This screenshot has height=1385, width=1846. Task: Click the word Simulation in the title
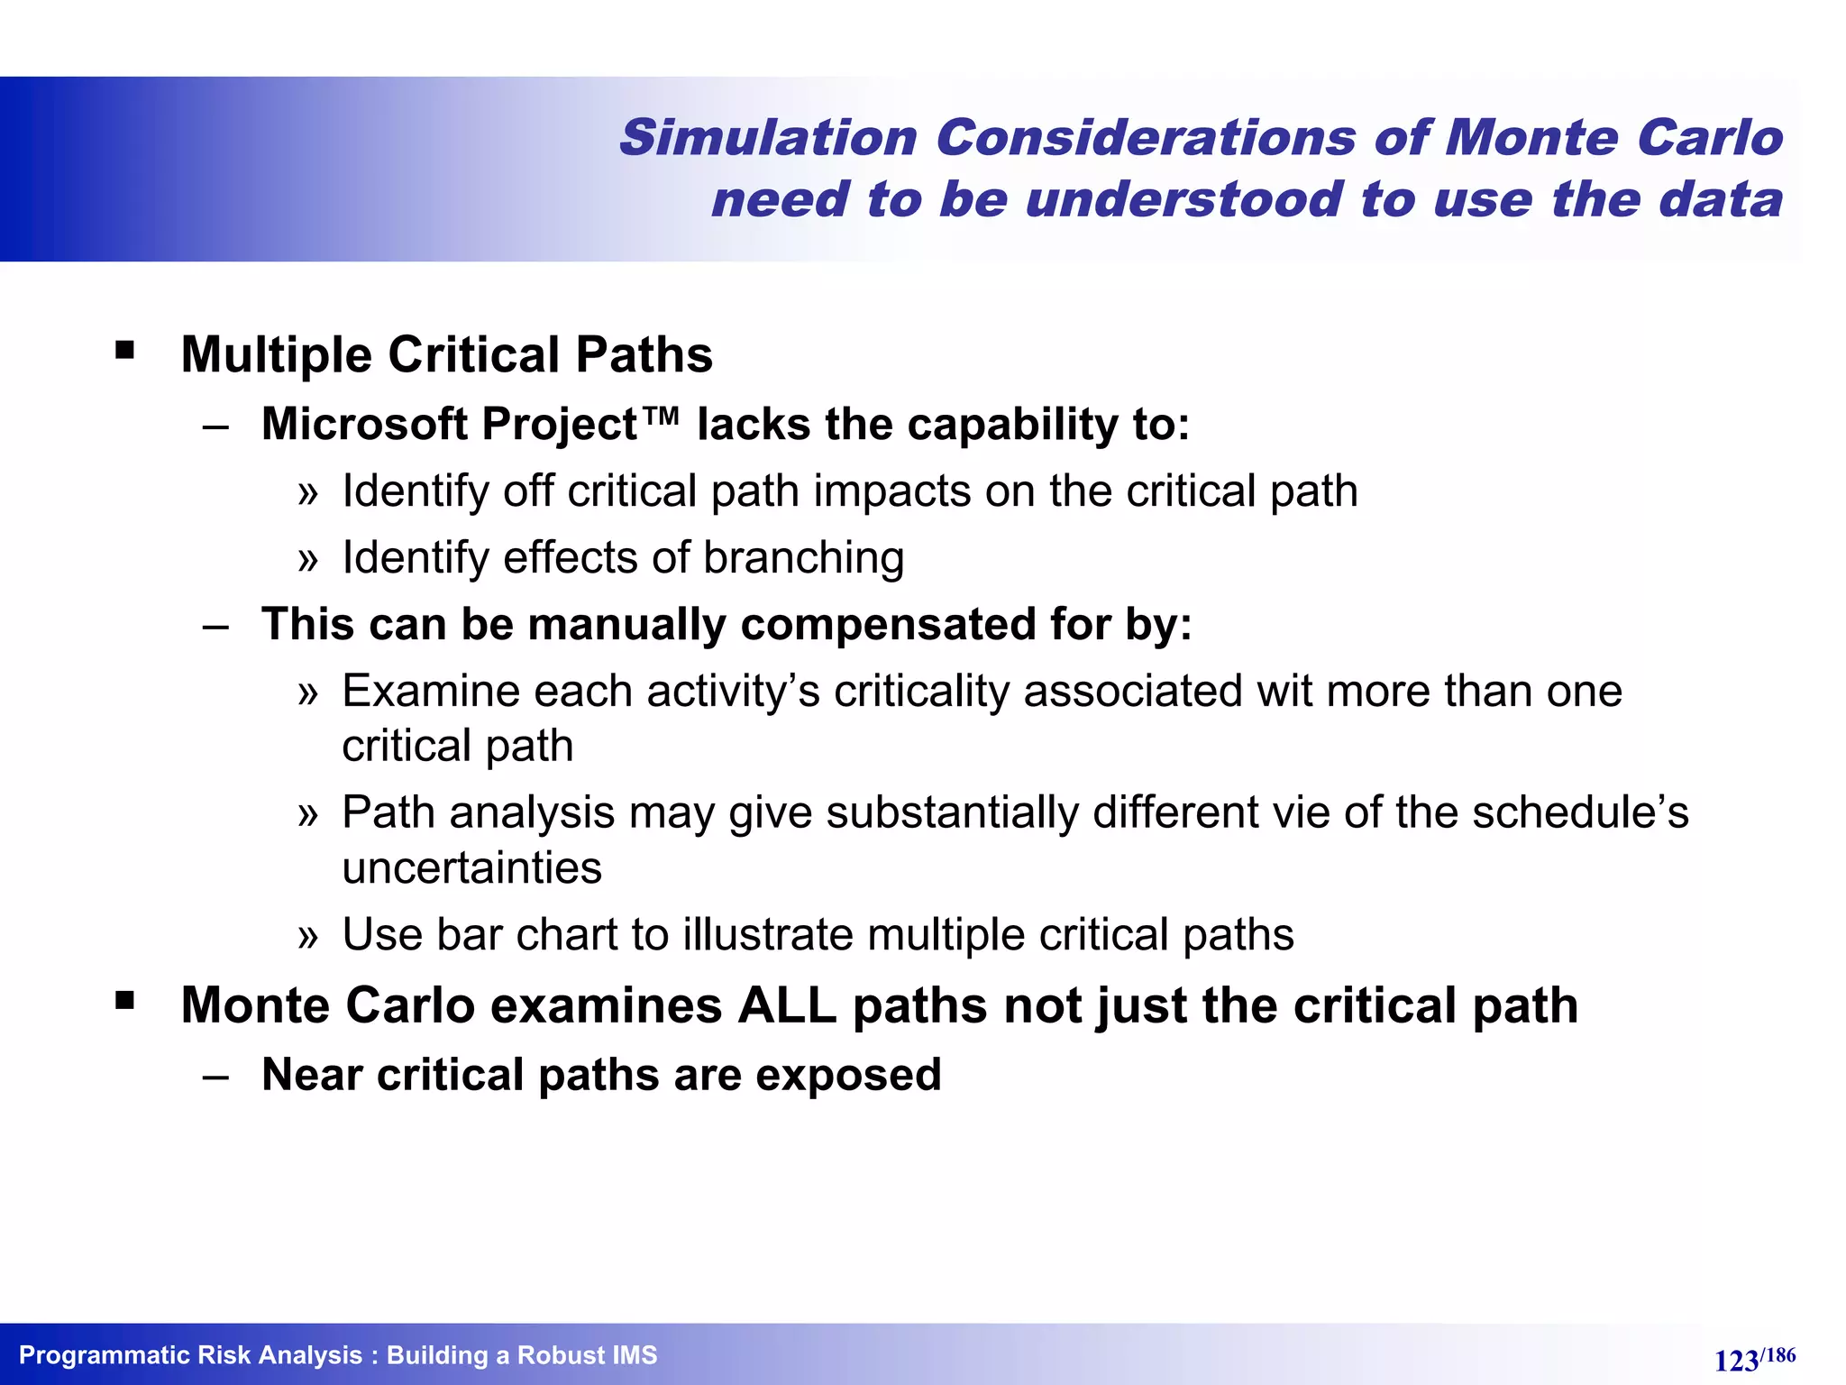pos(768,138)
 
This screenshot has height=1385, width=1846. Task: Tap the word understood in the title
pos(1183,199)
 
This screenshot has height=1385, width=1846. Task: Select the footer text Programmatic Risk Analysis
pos(190,1355)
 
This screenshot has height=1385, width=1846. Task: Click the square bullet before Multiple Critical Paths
pos(124,350)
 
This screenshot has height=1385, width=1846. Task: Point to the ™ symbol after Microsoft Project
pos(663,417)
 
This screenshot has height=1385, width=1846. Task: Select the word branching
pos(803,558)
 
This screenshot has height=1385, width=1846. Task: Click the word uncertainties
pos(471,868)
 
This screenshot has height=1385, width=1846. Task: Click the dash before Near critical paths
pos(216,1077)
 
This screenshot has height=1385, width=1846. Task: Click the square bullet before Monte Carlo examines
pos(124,1000)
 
